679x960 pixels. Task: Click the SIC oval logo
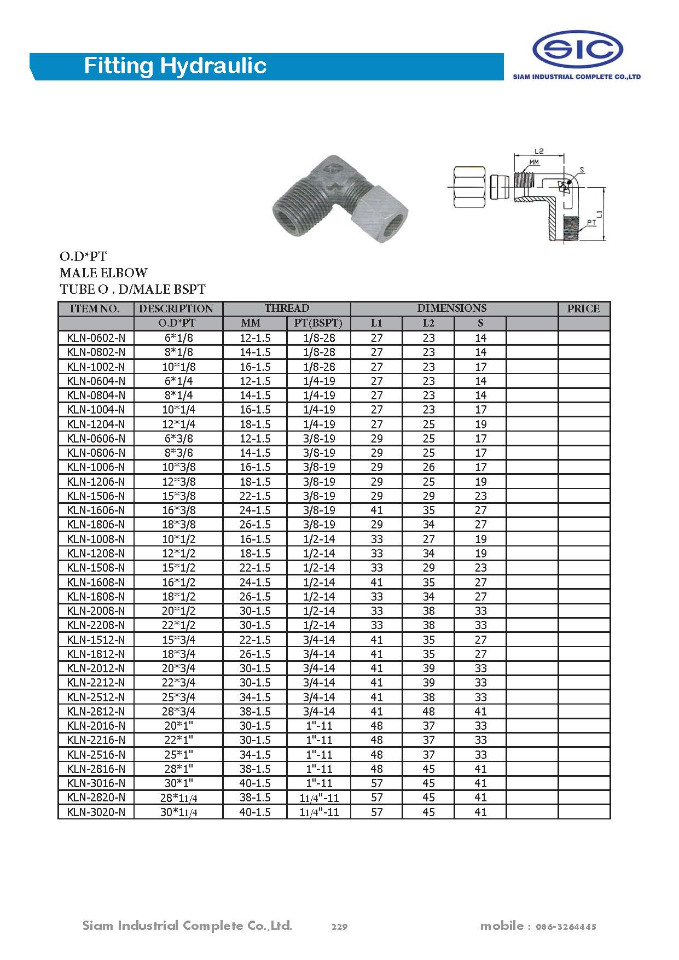[577, 50]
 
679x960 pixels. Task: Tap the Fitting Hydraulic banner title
[175, 66]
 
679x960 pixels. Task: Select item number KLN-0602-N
[96, 338]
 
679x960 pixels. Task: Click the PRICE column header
[583, 309]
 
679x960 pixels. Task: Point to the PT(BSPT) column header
[318, 323]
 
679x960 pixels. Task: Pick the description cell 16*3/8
[178, 510]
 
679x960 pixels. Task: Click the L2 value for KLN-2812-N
[428, 712]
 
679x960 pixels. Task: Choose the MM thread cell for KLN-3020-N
[255, 812]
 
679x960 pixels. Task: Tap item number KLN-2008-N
[96, 611]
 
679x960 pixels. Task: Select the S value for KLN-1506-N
[480, 496]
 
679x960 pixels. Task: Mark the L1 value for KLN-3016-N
[376, 783]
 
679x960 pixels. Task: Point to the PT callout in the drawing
[591, 223]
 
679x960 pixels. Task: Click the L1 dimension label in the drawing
[599, 214]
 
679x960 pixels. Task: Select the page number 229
[339, 927]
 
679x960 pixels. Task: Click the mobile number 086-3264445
[566, 927]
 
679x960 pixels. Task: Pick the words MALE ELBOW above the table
[103, 272]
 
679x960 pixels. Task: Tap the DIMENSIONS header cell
[451, 309]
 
